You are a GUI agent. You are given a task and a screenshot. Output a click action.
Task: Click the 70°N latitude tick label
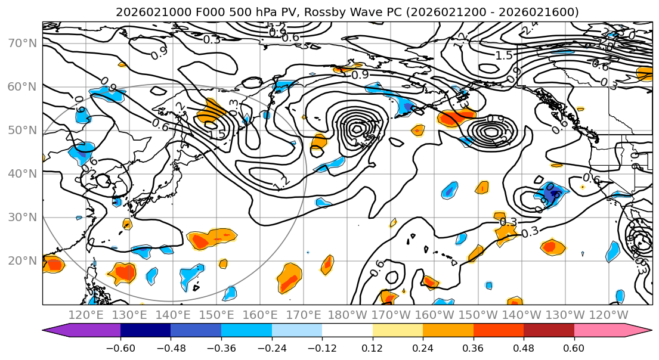coord(21,43)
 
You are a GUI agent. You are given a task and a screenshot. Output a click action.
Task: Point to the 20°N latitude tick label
coord(21,260)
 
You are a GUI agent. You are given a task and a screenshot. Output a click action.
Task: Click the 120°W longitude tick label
coord(609,315)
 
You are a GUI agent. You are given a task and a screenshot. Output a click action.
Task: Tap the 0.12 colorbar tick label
coord(372,347)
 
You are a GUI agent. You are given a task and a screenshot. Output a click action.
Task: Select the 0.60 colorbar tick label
coord(574,347)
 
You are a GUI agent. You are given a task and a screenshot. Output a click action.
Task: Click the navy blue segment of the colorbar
coord(146,330)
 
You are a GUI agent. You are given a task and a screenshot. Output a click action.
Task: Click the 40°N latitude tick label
coord(21,173)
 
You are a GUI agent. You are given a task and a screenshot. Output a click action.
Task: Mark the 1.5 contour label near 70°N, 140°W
coord(504,55)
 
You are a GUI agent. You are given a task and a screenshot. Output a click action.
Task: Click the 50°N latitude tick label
coord(21,130)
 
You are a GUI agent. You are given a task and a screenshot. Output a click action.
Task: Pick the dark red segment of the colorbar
coord(549,330)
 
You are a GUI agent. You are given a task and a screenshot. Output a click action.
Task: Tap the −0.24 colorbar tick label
coord(271,347)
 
